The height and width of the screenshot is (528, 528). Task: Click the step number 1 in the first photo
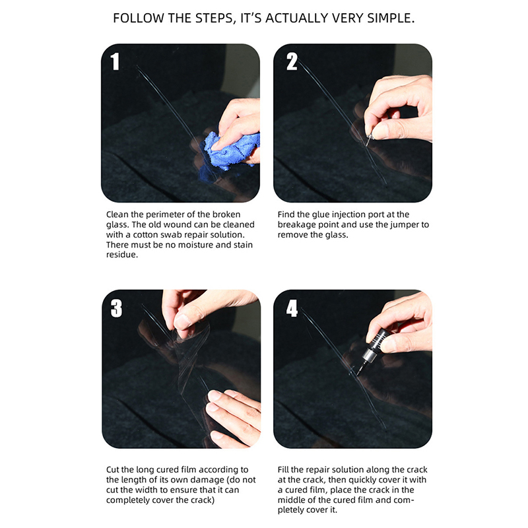click(115, 61)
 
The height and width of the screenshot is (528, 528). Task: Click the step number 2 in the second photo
click(292, 61)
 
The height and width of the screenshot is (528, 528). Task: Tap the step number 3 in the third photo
click(117, 308)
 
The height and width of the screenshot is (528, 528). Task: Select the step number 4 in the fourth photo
click(292, 308)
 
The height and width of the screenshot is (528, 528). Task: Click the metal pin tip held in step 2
click(368, 140)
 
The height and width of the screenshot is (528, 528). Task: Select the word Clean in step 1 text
click(117, 214)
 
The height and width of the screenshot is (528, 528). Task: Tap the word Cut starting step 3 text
click(113, 470)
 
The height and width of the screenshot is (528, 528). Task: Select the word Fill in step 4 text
click(283, 470)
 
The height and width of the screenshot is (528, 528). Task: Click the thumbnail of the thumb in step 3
click(182, 321)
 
